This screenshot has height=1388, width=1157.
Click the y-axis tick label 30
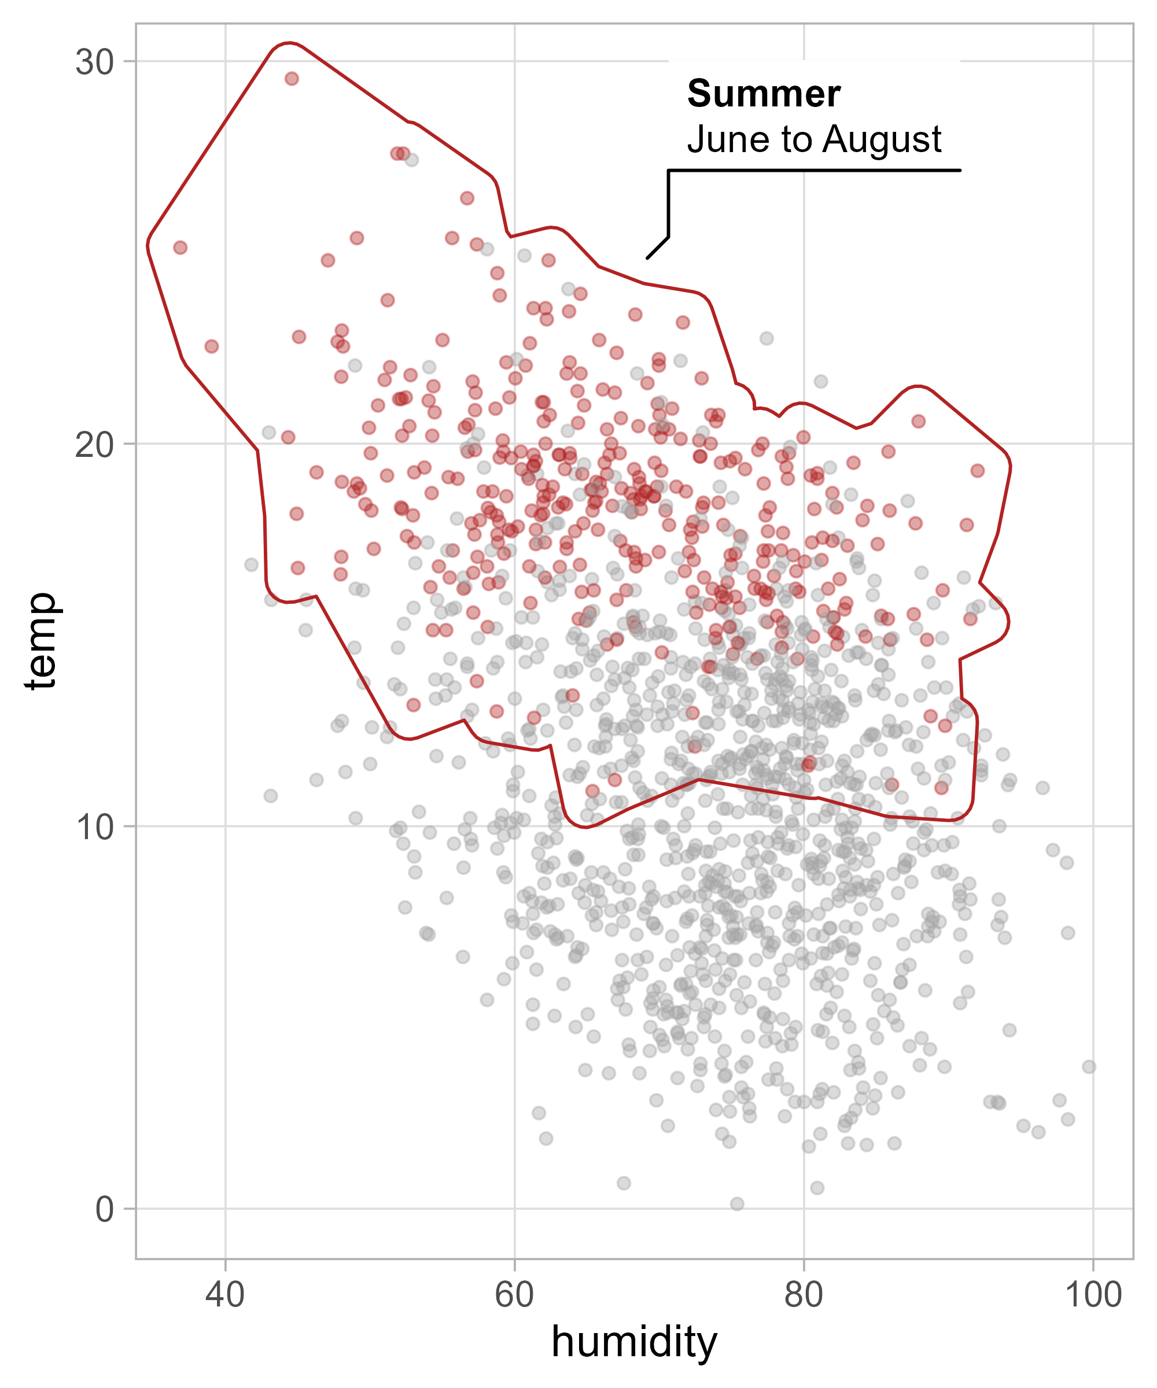point(94,63)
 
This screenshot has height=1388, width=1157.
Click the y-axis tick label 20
point(94,445)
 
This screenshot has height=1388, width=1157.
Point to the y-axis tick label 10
point(94,827)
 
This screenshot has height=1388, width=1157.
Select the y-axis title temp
point(41,641)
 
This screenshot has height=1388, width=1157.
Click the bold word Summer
point(764,94)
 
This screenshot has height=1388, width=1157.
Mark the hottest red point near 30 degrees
point(292,79)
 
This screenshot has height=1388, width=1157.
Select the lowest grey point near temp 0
point(737,1204)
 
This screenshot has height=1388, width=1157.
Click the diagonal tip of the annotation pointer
point(648,257)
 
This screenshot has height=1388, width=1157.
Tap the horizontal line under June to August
point(813,171)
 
